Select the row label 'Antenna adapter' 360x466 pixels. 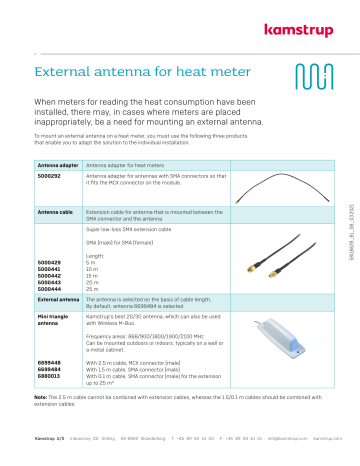tap(57, 162)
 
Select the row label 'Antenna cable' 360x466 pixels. tap(54, 213)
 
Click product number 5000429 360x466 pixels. tap(49, 262)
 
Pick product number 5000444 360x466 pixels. tap(49, 288)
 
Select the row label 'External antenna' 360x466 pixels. tap(57, 299)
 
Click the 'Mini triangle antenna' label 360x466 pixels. tap(55, 319)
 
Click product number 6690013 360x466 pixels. tap(49, 377)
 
